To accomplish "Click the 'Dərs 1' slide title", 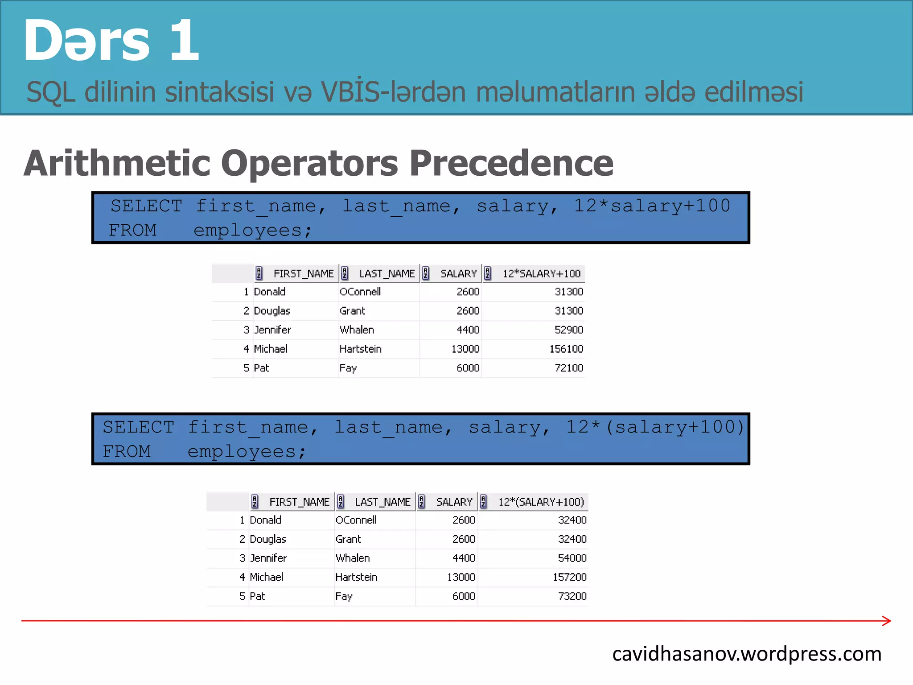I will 111,41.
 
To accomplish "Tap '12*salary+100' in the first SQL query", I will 652,206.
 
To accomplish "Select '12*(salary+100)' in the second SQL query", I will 655,427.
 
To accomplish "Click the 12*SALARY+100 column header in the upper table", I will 541,274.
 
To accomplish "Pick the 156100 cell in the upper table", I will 566,349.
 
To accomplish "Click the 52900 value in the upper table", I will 568,330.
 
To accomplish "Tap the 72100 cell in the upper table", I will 568,368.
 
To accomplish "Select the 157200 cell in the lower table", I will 569,577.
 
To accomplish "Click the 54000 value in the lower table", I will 572,558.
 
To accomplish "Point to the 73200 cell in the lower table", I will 572,596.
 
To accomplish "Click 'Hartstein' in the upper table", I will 360,349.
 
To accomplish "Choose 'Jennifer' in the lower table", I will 268,558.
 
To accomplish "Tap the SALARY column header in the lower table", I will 454,502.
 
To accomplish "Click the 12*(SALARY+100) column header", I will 541,502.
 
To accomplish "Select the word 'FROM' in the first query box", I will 132,231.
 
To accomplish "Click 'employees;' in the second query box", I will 247,452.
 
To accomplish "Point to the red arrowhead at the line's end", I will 887,621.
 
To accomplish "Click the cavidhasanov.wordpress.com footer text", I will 747,654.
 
